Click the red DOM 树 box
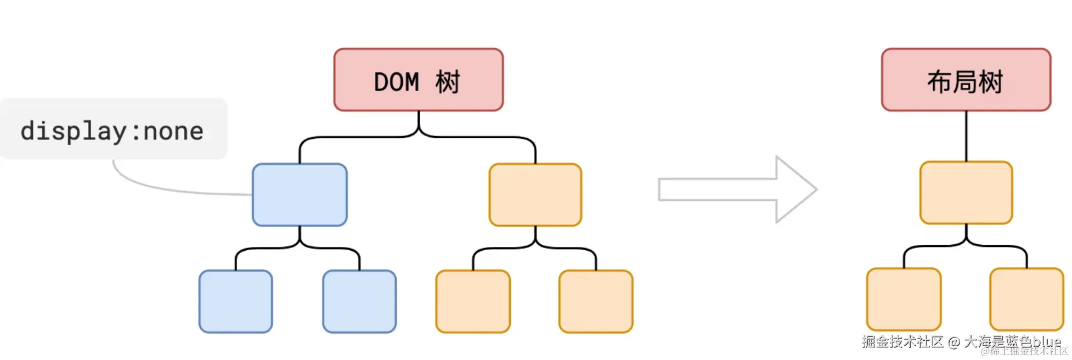(x=418, y=80)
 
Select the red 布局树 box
(x=966, y=80)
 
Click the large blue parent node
(x=300, y=194)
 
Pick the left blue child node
(x=235, y=301)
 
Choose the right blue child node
(x=359, y=301)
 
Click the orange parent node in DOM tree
(x=535, y=194)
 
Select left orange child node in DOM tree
(x=473, y=301)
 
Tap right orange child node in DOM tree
(x=596, y=301)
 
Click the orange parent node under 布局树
(x=966, y=192)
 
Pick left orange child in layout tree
(x=904, y=299)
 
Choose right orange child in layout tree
(x=1026, y=299)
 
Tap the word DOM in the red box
(x=396, y=82)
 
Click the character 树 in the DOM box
(x=448, y=82)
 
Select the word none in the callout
(x=173, y=131)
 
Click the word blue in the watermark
(x=1046, y=341)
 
